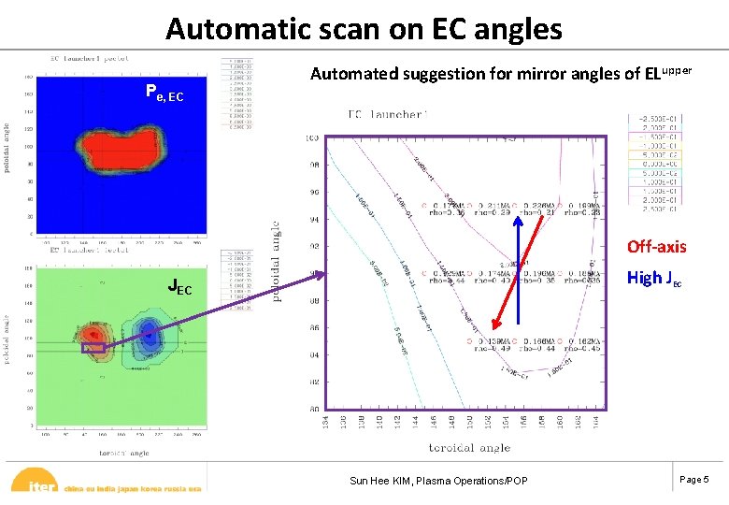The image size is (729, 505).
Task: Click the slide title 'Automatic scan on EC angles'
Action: tap(364, 28)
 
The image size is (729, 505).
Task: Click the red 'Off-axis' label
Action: tap(656, 247)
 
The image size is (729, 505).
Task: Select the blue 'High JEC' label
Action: tap(654, 277)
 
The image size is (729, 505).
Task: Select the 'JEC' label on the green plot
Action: tap(179, 288)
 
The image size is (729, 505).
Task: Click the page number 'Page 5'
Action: tap(694, 480)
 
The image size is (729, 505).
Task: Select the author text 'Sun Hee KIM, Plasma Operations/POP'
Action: tap(438, 481)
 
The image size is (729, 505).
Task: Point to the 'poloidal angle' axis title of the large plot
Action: tap(276, 262)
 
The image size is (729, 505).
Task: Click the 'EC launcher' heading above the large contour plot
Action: tap(387, 114)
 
